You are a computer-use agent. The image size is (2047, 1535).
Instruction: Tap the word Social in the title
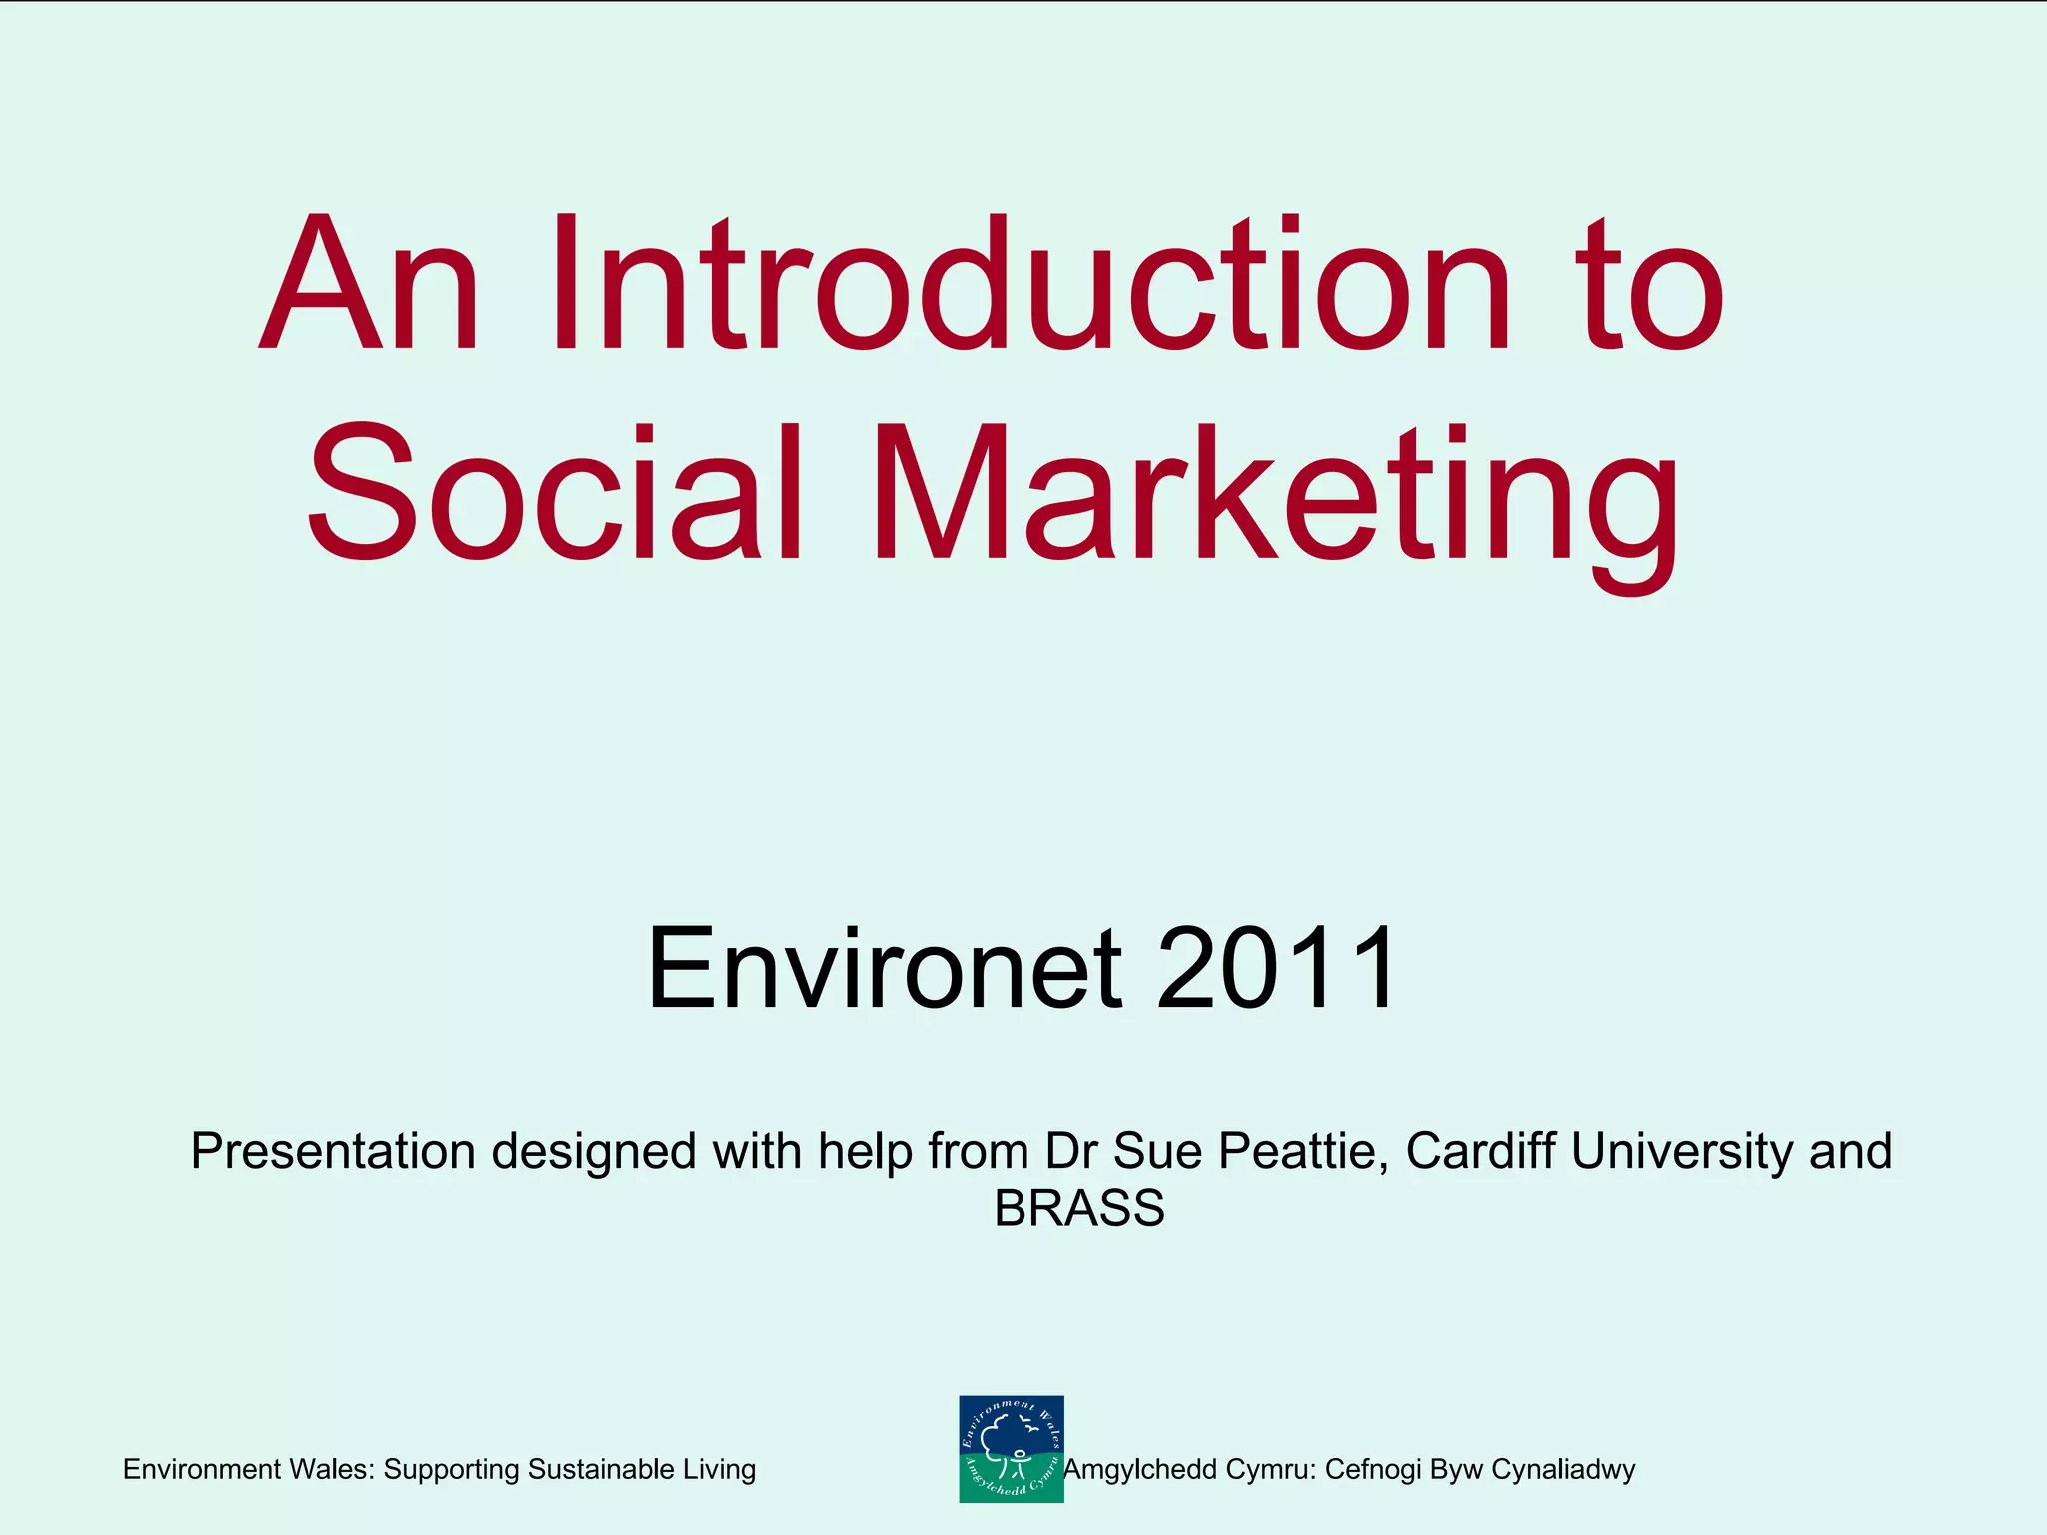(x=556, y=495)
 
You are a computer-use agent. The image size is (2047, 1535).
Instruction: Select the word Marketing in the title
(x=1275, y=505)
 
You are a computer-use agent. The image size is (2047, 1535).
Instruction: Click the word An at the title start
(x=369, y=285)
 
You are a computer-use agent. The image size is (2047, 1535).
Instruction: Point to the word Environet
(x=885, y=968)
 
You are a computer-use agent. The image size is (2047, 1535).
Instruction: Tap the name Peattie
(x=1303, y=1151)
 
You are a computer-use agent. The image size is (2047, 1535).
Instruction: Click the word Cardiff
(x=1479, y=1151)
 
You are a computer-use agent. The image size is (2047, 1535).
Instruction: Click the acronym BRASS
(x=1079, y=1208)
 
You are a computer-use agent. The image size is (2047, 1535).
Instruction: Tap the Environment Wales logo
(x=1011, y=1449)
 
